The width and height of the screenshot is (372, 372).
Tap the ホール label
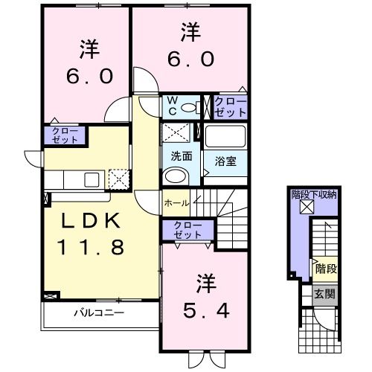[176, 202]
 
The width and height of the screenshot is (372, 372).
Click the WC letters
[170, 106]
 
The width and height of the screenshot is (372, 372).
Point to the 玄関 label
[324, 294]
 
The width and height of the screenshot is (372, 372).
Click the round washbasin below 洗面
[176, 177]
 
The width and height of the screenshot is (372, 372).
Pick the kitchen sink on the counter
[92, 179]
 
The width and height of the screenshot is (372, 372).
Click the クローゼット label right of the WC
[228, 106]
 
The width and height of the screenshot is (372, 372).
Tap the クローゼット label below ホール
[186, 230]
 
